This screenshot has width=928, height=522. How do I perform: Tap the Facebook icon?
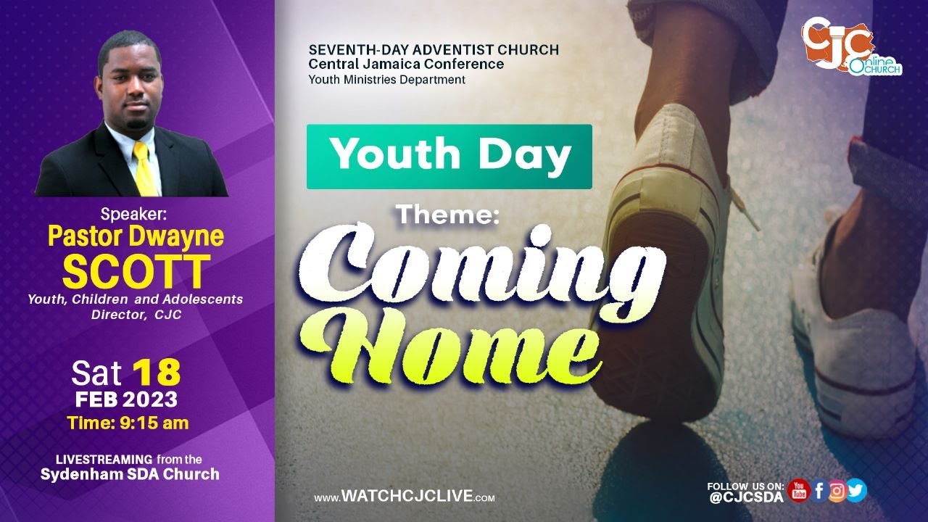pos(819,491)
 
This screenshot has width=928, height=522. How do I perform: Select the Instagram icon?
pos(837,491)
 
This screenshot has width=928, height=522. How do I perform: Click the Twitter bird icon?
pos(856,491)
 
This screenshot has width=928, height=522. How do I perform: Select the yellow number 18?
pos(156,373)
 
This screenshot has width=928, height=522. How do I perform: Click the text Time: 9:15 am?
pos(128,423)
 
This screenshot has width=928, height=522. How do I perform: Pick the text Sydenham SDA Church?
pos(130,475)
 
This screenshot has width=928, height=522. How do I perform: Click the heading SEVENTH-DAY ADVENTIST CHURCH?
pos(434,50)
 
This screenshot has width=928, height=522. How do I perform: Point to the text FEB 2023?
pos(126,399)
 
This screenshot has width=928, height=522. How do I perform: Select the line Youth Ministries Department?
pos(387,80)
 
